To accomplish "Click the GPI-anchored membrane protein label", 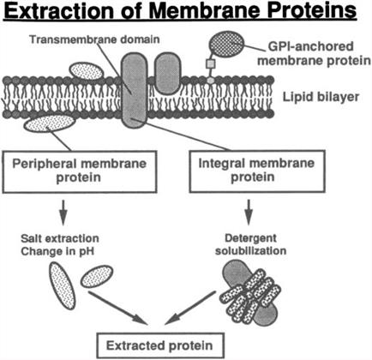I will [x=310, y=53].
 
